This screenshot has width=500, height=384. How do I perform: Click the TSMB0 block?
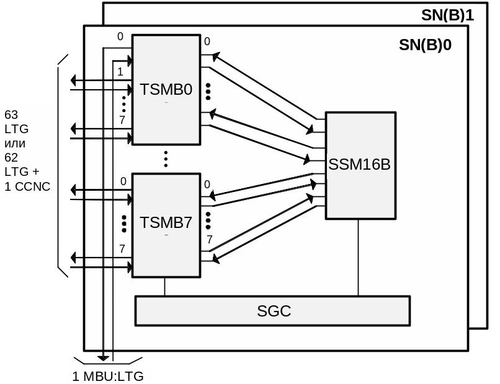[166, 90]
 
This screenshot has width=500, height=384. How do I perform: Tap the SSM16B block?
[360, 165]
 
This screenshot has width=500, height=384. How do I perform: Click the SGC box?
[273, 311]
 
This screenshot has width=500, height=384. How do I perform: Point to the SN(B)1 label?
[447, 15]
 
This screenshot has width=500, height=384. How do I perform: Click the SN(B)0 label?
[425, 45]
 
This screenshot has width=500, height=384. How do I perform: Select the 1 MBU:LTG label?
[108, 376]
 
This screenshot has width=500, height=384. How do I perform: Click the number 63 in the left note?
[11, 115]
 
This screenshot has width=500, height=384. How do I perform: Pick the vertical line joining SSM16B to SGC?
[358, 257]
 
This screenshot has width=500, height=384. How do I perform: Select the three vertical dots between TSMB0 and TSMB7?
[166, 159]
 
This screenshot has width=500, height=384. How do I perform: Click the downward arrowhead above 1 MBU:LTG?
[103, 357]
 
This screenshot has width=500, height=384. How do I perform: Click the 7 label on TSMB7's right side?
[210, 240]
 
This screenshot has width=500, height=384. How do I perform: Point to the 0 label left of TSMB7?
[123, 181]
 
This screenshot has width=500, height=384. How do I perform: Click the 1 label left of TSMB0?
[120, 72]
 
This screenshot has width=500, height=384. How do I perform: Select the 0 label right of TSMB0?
[207, 42]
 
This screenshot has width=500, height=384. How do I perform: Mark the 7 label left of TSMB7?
[122, 248]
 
